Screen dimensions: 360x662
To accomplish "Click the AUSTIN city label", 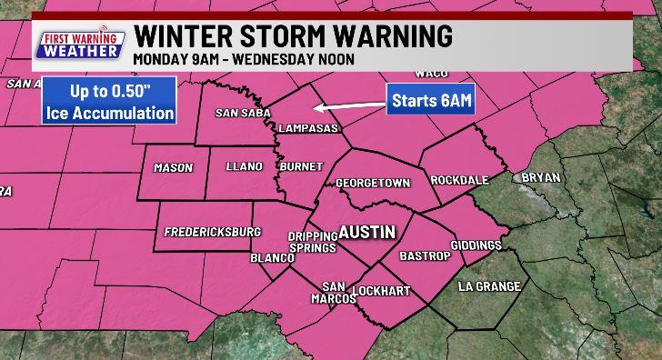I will pos(366,232).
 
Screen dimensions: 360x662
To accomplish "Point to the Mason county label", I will pos(173,168).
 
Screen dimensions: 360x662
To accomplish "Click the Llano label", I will pos(244,166).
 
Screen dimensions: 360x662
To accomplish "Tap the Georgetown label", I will pos(373,183).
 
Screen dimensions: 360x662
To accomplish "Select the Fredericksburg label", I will pos(212,232).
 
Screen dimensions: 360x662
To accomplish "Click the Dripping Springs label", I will pos(313,242).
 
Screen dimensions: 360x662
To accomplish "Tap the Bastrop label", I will pos(426,256).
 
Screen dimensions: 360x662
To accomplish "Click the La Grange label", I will pos(489,286).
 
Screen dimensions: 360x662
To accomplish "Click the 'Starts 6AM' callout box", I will pos(431,100).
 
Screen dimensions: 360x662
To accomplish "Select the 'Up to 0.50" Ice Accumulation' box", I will pos(109,103).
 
